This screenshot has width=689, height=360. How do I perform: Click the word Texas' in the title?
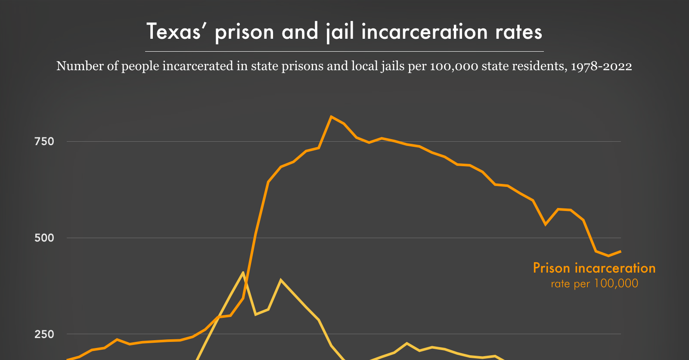(174, 32)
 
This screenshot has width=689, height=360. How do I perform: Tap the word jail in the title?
(340, 32)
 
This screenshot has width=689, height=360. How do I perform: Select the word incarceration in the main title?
(425, 32)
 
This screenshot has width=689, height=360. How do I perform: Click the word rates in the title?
(518, 32)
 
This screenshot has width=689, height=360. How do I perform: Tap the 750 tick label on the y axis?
(44, 142)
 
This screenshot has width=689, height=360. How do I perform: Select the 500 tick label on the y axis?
(44, 238)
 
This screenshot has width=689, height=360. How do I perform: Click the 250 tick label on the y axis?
(44, 334)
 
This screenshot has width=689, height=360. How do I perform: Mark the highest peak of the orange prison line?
(331, 116)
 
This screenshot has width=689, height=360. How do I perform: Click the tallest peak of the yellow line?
(243, 272)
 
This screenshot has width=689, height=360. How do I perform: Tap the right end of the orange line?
(620, 251)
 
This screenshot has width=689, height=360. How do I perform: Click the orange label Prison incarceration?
(594, 268)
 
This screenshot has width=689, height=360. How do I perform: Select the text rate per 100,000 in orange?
(594, 283)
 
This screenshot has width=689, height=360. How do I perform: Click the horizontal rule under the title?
(344, 51)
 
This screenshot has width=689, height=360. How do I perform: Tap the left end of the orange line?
(68, 359)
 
